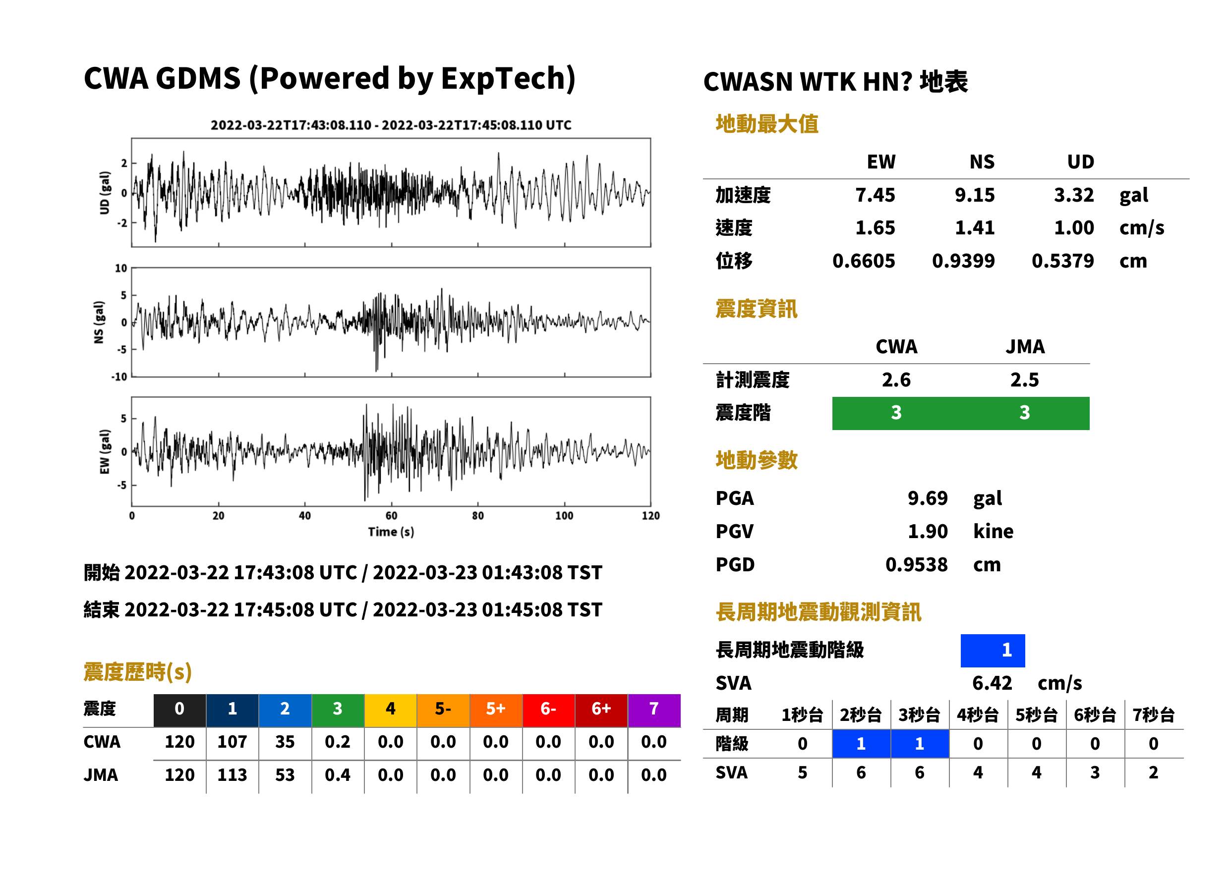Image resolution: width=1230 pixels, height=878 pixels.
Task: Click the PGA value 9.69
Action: pyautogui.click(x=927, y=498)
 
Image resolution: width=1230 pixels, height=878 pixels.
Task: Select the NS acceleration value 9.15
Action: pyautogui.click(x=974, y=195)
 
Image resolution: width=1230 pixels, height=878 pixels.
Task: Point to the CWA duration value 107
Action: pyautogui.click(x=232, y=741)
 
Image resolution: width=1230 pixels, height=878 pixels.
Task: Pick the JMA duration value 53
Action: pyautogui.click(x=285, y=775)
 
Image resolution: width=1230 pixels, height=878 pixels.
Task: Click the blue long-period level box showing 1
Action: pyautogui.click(x=993, y=650)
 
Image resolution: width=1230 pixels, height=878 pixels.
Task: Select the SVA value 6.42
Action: pyautogui.click(x=992, y=683)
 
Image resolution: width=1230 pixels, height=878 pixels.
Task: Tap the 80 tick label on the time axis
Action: pyautogui.click(x=477, y=516)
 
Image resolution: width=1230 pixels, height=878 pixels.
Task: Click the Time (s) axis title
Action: pyautogui.click(x=391, y=532)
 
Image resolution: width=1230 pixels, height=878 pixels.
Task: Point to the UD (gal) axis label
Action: pyautogui.click(x=105, y=193)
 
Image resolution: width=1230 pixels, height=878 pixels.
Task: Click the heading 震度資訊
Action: pyautogui.click(x=756, y=309)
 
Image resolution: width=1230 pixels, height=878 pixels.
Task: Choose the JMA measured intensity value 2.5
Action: pyautogui.click(x=1024, y=380)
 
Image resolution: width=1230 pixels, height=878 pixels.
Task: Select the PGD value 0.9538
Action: pyautogui.click(x=916, y=564)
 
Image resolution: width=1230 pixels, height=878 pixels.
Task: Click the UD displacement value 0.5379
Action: pyautogui.click(x=1062, y=261)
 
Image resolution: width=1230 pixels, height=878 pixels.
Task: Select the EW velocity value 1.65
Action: pyautogui.click(x=875, y=227)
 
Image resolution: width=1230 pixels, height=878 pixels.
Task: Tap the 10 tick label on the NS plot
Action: pyautogui.click(x=121, y=268)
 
